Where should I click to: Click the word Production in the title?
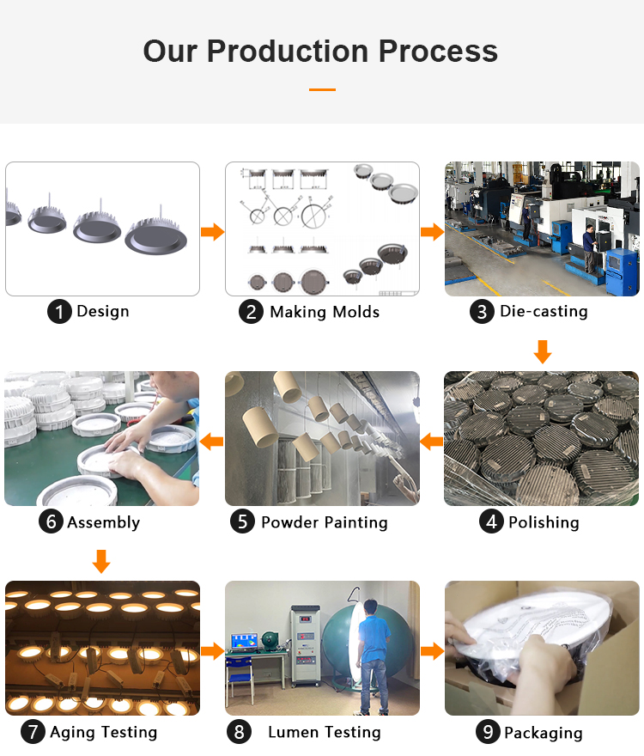(288, 51)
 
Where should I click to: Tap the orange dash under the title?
(322, 89)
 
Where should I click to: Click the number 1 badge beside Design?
(59, 312)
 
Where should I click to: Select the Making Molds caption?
(325, 312)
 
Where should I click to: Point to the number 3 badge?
(482, 312)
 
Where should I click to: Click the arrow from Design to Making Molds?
(213, 232)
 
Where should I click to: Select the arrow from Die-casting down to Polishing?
(543, 351)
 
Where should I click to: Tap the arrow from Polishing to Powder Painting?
(431, 442)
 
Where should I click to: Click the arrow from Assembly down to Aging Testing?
(101, 561)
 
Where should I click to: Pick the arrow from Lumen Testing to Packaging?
(433, 651)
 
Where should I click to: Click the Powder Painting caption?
(325, 522)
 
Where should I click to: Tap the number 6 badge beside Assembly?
(51, 521)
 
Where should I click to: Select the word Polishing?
(544, 522)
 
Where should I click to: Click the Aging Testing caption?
(104, 732)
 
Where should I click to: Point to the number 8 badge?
(239, 732)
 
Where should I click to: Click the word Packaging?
(544, 733)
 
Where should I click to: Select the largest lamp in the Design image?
(156, 234)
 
